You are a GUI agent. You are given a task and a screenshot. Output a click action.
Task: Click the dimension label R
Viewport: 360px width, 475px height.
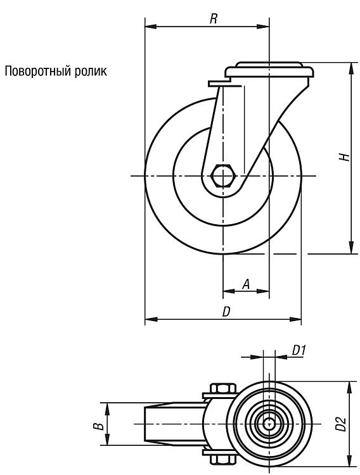[214, 19]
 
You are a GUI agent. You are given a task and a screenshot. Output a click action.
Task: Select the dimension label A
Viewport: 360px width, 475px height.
[247, 284]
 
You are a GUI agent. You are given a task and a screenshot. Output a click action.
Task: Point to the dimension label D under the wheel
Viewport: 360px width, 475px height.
[226, 312]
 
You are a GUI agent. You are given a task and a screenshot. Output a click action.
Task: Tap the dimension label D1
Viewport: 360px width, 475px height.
[299, 351]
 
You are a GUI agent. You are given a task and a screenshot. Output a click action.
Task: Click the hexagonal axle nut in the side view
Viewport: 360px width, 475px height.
[223, 175]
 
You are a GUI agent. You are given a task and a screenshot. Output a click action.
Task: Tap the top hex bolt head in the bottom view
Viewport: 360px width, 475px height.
[223, 388]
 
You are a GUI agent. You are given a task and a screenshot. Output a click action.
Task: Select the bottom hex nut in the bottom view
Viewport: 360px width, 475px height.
[223, 459]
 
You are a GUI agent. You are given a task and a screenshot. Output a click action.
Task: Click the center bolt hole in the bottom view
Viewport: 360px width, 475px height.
[268, 424]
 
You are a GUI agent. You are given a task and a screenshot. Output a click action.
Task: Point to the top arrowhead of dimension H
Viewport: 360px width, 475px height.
[351, 68]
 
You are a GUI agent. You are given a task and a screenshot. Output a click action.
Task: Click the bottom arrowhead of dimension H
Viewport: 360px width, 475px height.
[351, 248]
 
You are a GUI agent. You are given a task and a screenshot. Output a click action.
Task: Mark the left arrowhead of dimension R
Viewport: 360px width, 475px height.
[151, 27]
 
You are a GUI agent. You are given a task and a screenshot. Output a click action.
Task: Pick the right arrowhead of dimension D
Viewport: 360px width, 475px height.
[295, 319]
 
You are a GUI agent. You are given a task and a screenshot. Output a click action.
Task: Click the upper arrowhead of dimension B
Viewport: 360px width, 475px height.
[107, 408]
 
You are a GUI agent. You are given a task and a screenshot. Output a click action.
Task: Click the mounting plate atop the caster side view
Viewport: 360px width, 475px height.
[269, 70]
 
